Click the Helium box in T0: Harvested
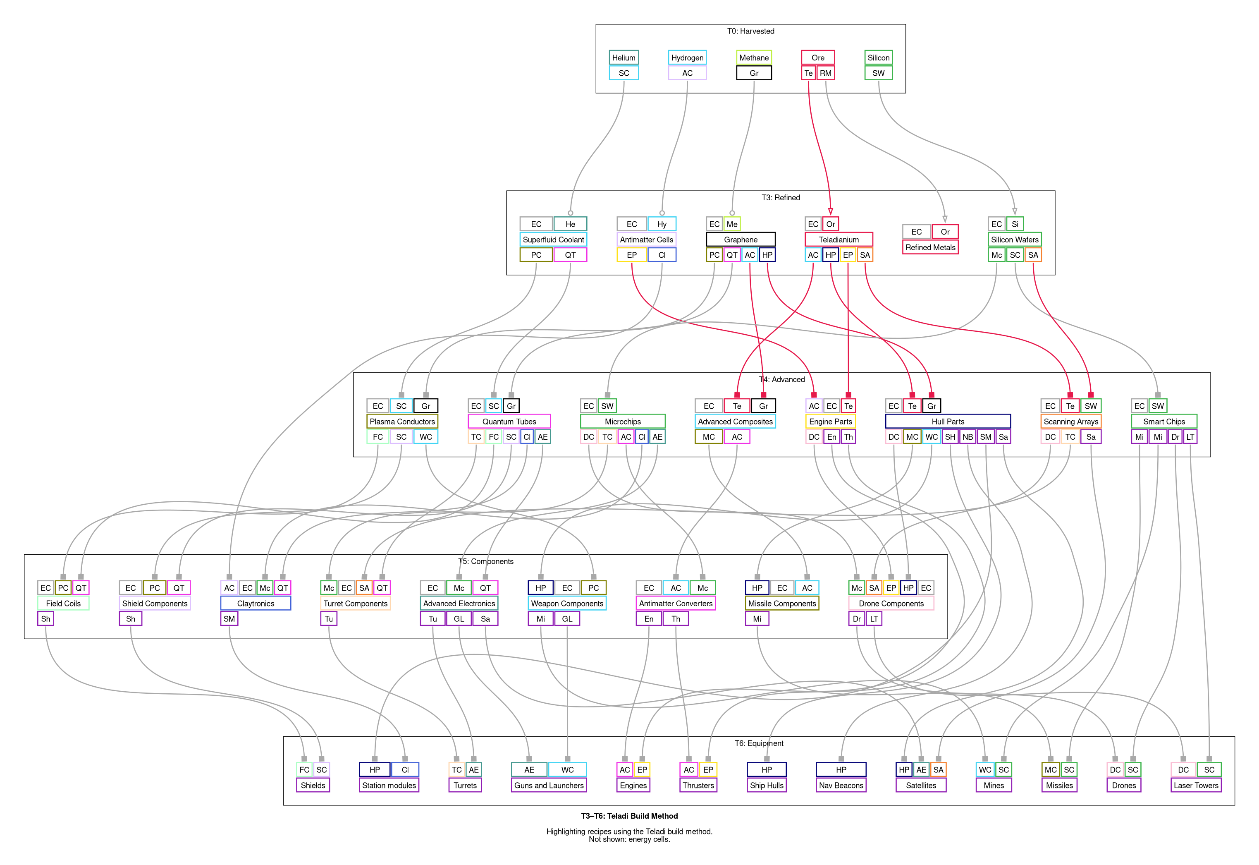click(624, 58)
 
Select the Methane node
click(754, 58)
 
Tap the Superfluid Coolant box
click(553, 240)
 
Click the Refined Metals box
click(930, 247)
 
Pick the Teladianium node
click(839, 240)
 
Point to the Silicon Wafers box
click(1015, 240)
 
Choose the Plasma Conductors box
click(402, 421)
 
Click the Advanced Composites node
click(735, 421)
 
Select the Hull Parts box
click(948, 421)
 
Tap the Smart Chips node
click(1163, 421)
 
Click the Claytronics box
click(256, 603)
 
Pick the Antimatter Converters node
click(676, 603)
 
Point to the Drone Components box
click(891, 603)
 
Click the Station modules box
click(389, 785)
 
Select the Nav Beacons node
click(841, 785)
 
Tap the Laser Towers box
click(1196, 785)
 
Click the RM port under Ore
click(825, 73)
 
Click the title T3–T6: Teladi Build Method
click(629, 816)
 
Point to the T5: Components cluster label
click(486, 561)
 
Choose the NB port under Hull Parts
click(968, 437)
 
